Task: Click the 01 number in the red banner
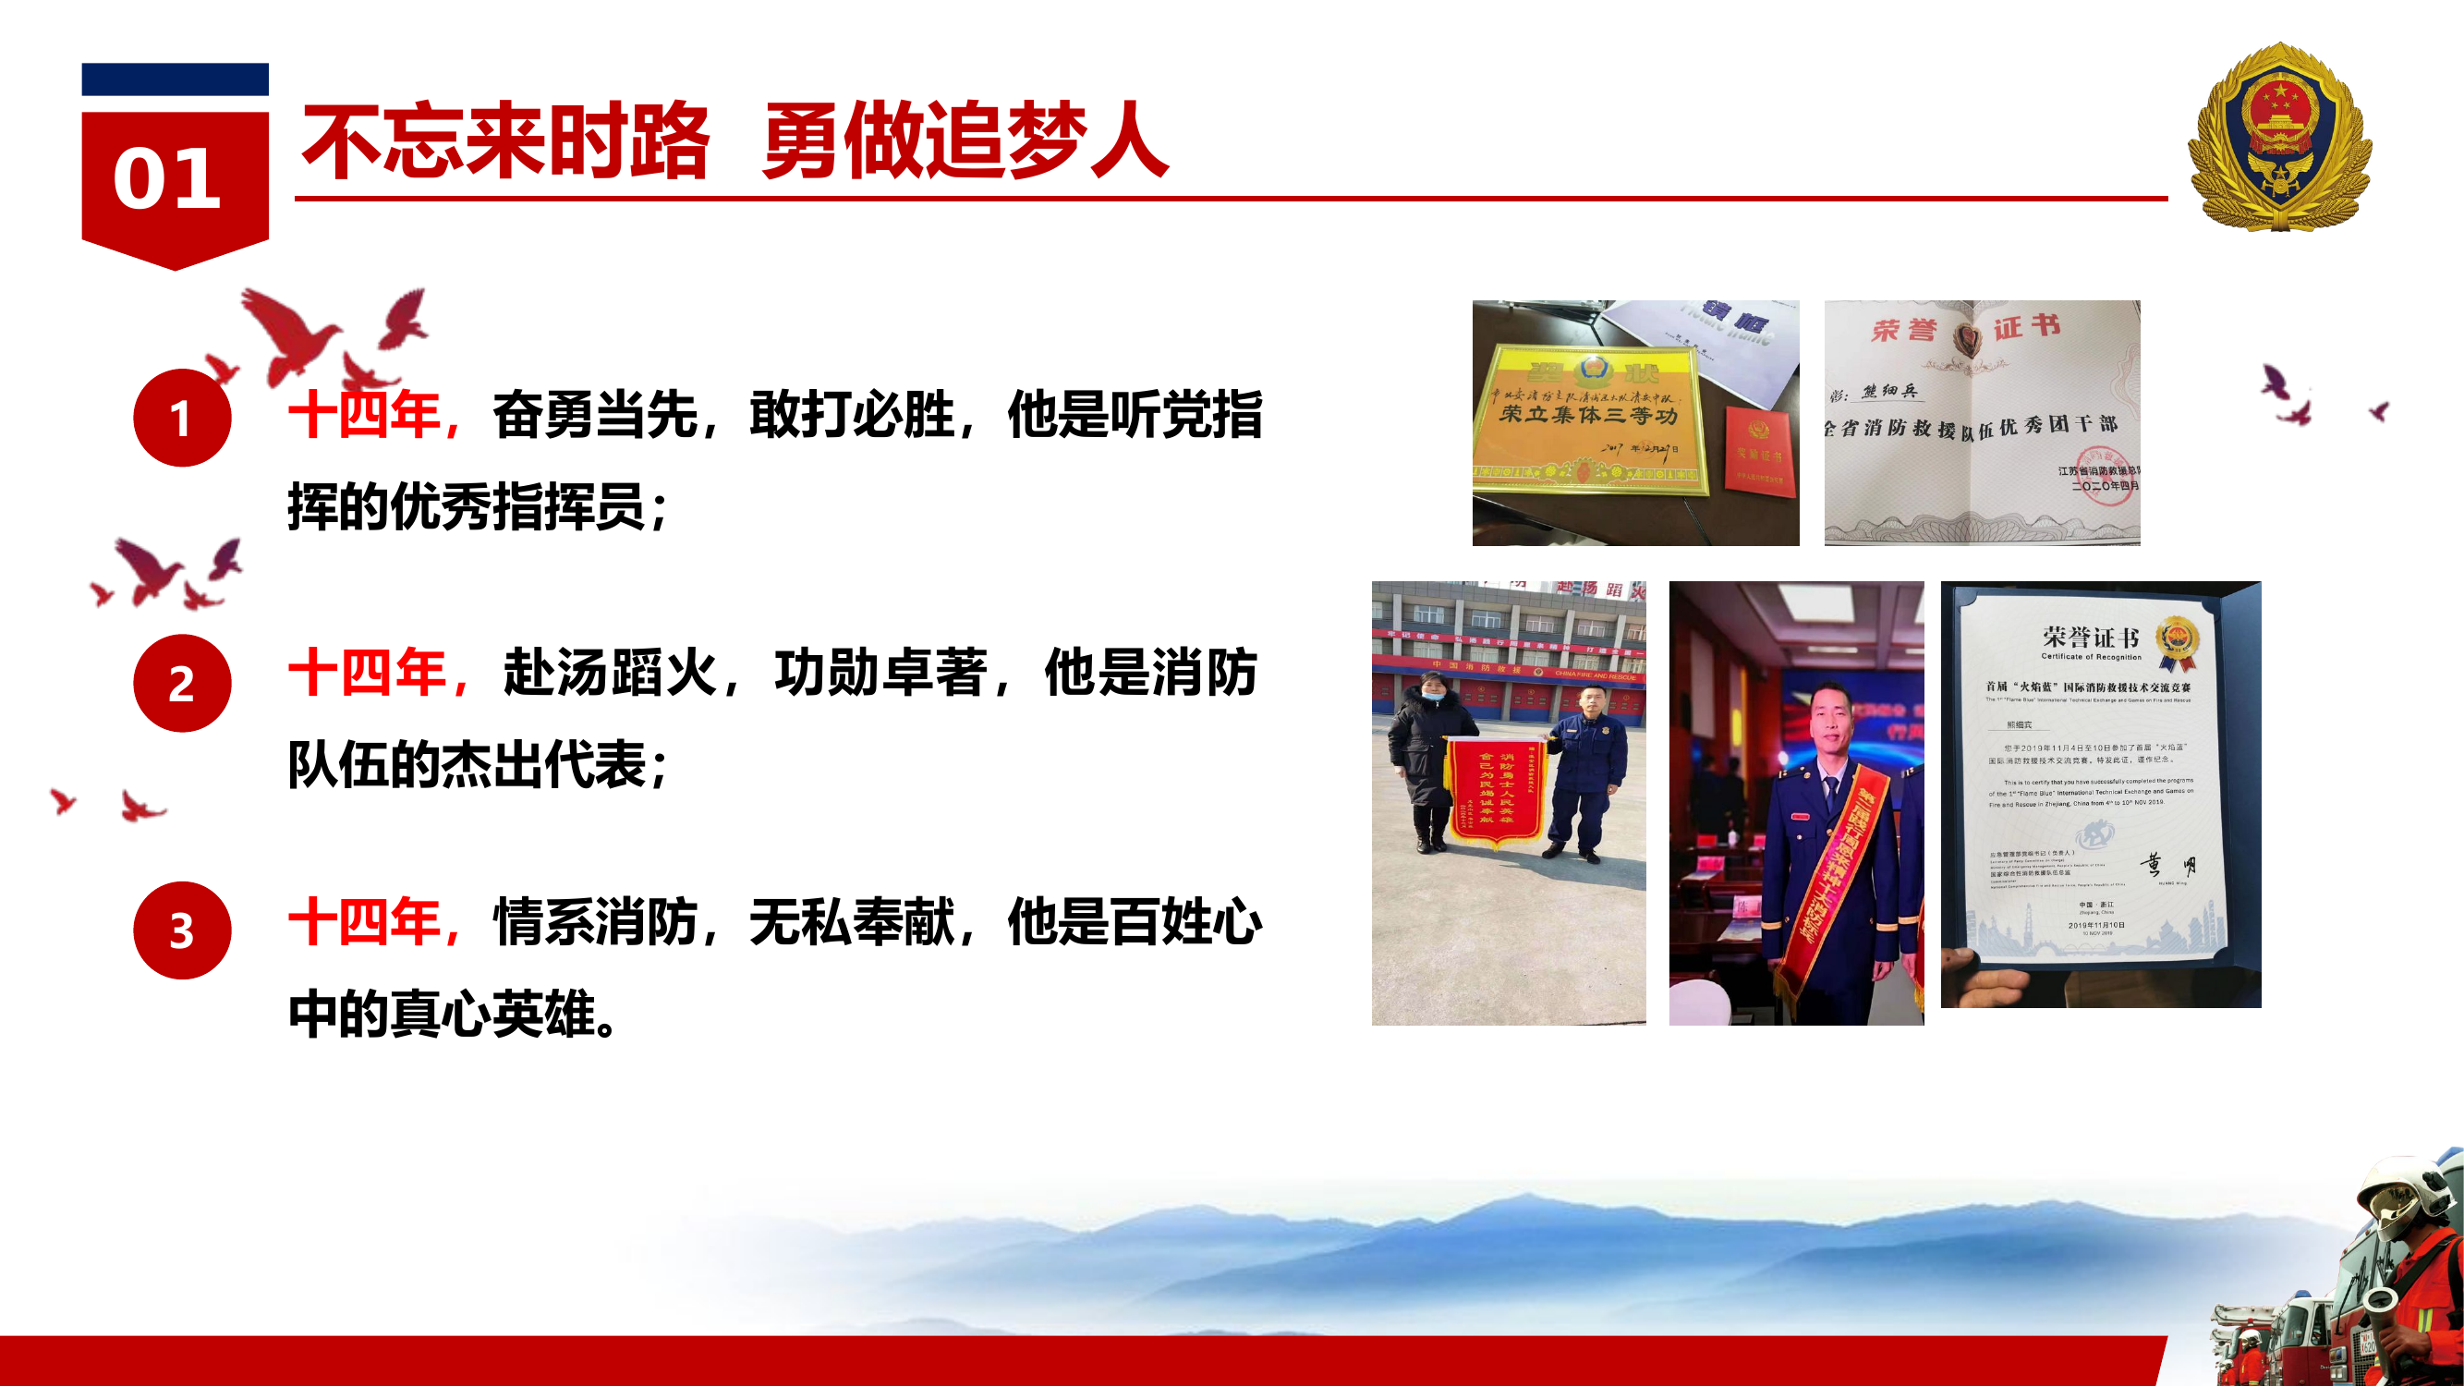coord(167,179)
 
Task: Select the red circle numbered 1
coord(182,418)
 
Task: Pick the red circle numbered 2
coord(182,683)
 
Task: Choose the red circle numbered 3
coord(182,930)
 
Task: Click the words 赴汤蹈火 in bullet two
coord(610,673)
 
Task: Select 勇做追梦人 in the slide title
coord(965,141)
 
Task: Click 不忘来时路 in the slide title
coord(505,141)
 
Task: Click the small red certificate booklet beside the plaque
coord(1759,454)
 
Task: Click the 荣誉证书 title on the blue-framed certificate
coord(2091,637)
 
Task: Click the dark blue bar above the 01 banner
coord(175,79)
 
